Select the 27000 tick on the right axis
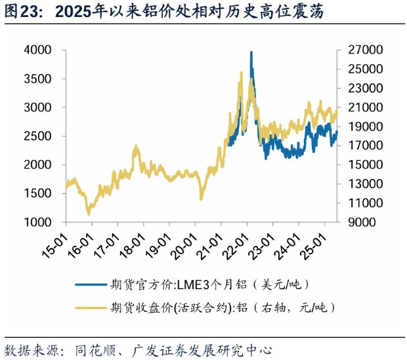[357, 50]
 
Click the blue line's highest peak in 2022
[251, 52]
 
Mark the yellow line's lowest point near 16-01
[89, 214]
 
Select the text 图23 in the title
[21, 11]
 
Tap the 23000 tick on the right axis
[357, 88]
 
